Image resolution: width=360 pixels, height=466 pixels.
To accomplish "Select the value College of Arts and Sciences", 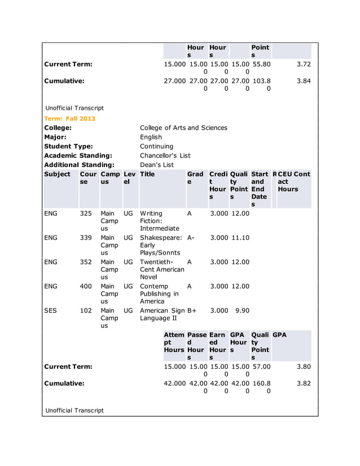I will click(183, 128).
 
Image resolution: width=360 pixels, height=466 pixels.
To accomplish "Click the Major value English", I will click(151, 137).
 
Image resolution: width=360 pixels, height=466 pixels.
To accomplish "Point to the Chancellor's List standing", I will click(165, 155).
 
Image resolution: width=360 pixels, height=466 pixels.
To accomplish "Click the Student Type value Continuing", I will click(157, 146).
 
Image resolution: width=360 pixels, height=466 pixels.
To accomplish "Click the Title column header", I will click(147, 174).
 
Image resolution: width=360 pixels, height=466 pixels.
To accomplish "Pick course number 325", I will click(86, 214).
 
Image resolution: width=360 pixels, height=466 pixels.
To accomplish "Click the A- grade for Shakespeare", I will click(191, 238).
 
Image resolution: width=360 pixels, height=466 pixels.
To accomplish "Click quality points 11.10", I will click(240, 238).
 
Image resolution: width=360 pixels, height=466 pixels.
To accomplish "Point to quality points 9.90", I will click(242, 310).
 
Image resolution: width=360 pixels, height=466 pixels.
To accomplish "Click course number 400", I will click(86, 286).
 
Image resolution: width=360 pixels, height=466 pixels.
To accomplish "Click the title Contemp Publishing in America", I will click(160, 293).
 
